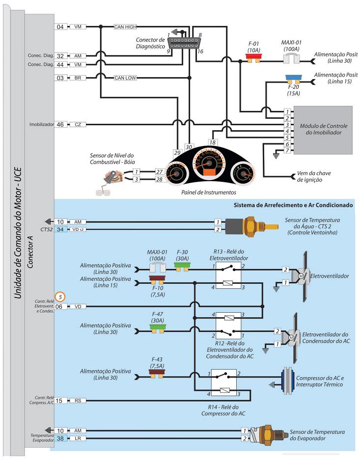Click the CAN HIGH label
tap(125, 27)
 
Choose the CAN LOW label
tap(125, 78)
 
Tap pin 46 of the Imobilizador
tap(60, 124)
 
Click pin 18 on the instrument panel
tap(212, 142)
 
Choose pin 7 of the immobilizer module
tap(287, 150)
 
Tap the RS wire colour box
tap(78, 401)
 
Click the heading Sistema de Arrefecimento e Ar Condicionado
tap(293, 205)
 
